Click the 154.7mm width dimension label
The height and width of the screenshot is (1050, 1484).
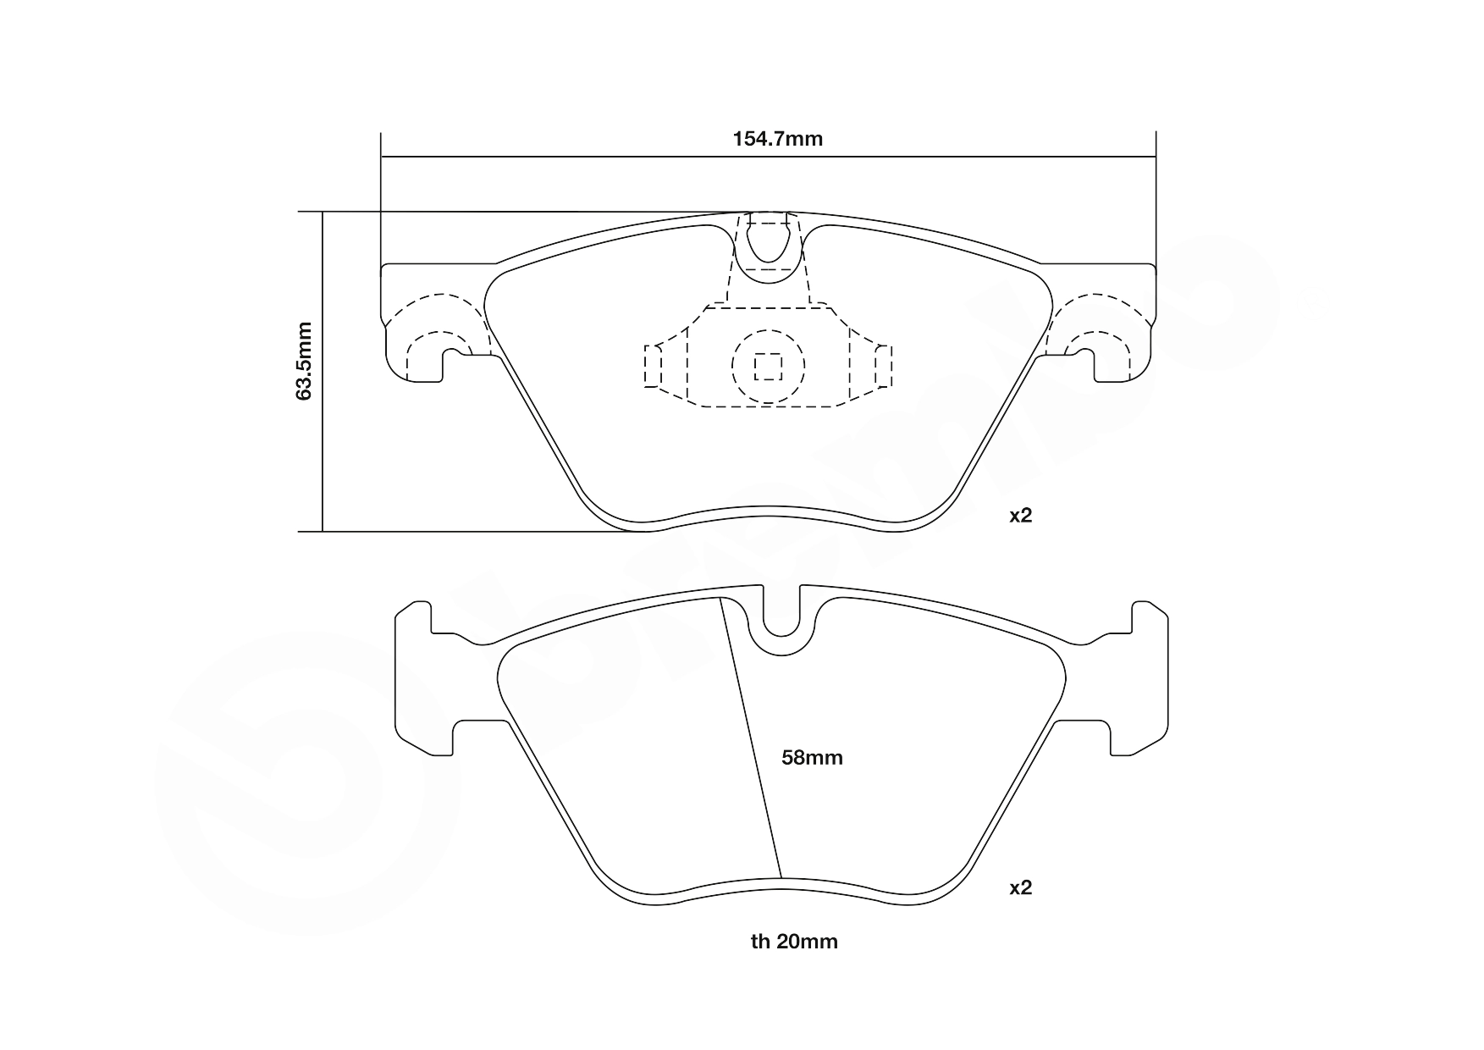[777, 139]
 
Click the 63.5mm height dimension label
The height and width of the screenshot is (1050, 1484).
[305, 360]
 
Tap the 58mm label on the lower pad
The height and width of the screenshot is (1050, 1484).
[811, 758]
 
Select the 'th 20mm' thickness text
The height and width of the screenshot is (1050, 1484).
[793, 942]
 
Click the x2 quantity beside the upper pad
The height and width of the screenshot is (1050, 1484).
[1020, 516]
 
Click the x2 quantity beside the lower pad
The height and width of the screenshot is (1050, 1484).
[1020, 887]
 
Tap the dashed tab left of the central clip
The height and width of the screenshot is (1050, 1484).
[653, 366]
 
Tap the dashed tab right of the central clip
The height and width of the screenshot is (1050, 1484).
[883, 366]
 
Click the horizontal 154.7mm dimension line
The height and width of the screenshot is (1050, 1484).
[593, 157]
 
